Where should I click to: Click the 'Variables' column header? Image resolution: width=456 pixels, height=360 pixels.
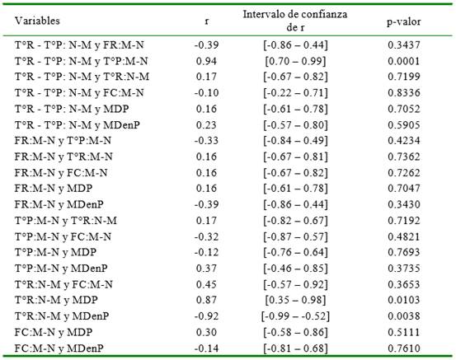pyautogui.click(x=37, y=21)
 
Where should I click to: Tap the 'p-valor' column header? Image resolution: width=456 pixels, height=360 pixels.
pyautogui.click(x=404, y=21)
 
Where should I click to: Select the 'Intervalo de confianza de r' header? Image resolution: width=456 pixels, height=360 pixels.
pyautogui.click(x=295, y=21)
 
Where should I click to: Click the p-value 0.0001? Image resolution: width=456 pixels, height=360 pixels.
pyautogui.click(x=404, y=61)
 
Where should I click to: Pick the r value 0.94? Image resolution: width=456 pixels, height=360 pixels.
pyautogui.click(x=206, y=61)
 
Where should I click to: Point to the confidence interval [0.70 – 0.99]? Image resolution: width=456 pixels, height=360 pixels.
pyautogui.click(x=295, y=61)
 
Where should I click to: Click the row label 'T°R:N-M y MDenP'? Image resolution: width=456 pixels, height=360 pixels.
pyautogui.click(x=62, y=316)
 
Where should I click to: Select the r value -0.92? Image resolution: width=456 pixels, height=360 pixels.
pyautogui.click(x=206, y=316)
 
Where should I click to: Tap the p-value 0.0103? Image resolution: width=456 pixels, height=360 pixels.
pyautogui.click(x=404, y=300)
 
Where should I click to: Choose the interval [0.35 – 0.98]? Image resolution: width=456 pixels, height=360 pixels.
pyautogui.click(x=295, y=300)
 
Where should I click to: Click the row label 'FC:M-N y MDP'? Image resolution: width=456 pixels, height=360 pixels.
pyautogui.click(x=54, y=332)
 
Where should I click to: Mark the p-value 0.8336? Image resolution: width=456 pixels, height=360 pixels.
pyautogui.click(x=404, y=93)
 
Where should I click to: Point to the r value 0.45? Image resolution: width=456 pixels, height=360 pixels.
pyautogui.click(x=206, y=284)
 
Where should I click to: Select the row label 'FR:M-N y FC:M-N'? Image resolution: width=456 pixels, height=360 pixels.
pyautogui.click(x=61, y=173)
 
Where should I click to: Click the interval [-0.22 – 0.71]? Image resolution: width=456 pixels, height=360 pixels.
pyautogui.click(x=295, y=93)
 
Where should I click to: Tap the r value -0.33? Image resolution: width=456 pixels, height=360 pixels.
pyautogui.click(x=206, y=141)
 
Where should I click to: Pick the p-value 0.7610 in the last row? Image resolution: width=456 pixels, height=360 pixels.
pyautogui.click(x=404, y=348)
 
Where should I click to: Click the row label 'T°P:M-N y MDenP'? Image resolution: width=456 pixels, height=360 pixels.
pyautogui.click(x=61, y=269)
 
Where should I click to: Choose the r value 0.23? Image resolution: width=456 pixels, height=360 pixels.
pyautogui.click(x=206, y=125)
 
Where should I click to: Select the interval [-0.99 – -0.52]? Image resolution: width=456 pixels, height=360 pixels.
pyautogui.click(x=295, y=316)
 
